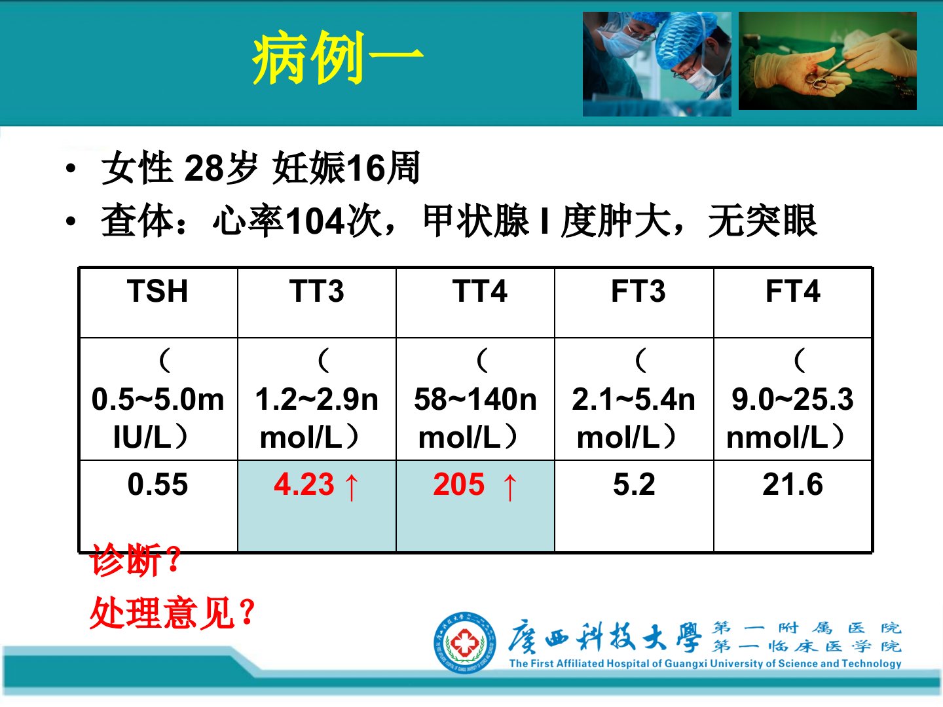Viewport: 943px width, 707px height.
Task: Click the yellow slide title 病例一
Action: (337, 58)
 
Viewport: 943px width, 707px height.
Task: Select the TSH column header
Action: (158, 291)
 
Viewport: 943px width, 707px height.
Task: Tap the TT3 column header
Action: (316, 291)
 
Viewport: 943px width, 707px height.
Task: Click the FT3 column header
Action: (638, 291)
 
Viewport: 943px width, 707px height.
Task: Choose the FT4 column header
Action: (793, 291)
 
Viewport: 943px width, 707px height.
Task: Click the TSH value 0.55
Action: (158, 484)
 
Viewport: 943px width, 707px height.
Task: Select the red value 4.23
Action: (304, 484)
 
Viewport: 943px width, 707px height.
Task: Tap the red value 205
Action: (459, 484)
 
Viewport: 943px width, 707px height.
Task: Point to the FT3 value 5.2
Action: (634, 484)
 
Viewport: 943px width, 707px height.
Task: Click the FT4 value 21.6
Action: (792, 484)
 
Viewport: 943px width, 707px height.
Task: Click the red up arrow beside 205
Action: (510, 487)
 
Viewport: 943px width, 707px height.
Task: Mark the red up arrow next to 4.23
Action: (352, 487)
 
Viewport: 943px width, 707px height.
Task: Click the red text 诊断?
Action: (136, 560)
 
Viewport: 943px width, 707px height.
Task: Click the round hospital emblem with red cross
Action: (465, 643)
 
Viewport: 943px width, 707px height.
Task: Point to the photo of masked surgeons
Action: (657, 64)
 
